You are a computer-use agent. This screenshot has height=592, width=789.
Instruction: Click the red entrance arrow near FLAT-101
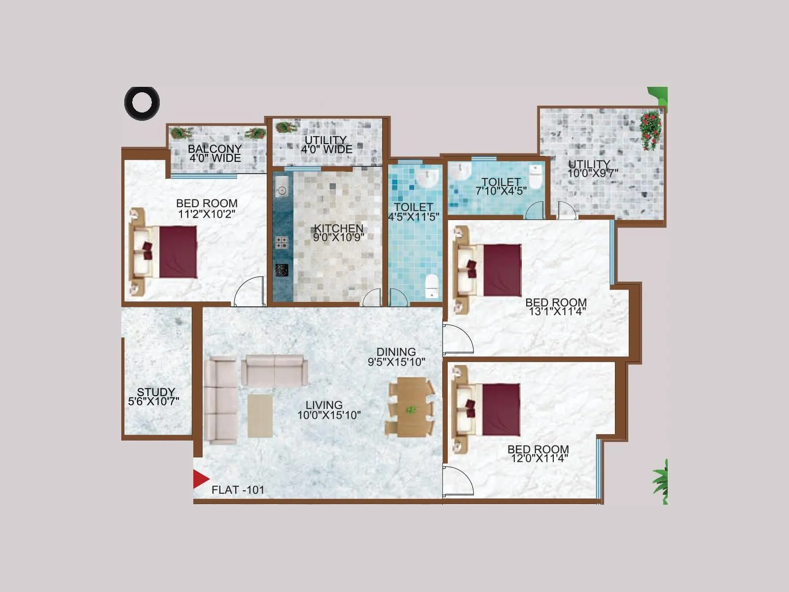[200, 479]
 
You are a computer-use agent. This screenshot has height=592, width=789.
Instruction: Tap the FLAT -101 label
[238, 490]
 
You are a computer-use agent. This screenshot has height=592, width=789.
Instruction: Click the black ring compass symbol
[142, 103]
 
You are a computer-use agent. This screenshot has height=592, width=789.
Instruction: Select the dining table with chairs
[411, 407]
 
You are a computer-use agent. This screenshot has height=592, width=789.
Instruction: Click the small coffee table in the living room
[260, 415]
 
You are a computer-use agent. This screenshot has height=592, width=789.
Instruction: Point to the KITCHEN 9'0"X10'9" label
[339, 232]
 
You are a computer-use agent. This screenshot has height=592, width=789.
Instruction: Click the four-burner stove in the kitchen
[282, 242]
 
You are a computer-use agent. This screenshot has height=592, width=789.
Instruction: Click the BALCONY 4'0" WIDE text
[215, 153]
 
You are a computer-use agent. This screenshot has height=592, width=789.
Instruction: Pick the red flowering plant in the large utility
[650, 130]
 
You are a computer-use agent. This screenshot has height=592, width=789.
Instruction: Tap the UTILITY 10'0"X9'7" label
[591, 168]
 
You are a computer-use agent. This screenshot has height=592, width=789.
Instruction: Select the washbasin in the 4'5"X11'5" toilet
[427, 178]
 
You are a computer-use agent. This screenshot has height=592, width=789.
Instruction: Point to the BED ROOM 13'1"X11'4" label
[556, 306]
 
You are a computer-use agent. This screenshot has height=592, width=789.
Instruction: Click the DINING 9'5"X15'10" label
[396, 357]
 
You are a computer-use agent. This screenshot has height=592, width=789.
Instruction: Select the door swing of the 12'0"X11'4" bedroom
[458, 481]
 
